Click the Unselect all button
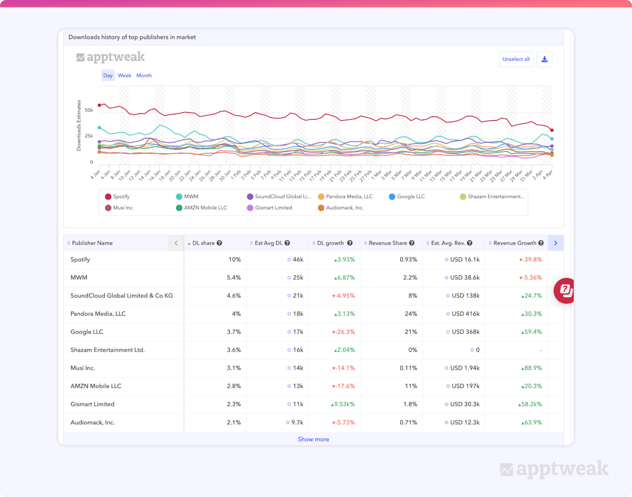pos(516,60)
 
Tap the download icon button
pos(544,60)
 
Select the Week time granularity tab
pos(124,75)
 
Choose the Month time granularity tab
pos(144,75)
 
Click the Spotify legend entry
pos(121,197)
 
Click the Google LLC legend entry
pos(410,197)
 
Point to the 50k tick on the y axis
pos(88,110)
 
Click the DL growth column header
pos(330,243)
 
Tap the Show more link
pos(313,439)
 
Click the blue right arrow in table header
pos(556,243)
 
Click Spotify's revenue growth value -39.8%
pos(530,259)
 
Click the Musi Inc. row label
pos(83,368)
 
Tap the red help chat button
pos(565,290)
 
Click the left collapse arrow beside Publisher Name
pos(176,243)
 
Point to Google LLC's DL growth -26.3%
pos(343,332)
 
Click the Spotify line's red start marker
pos(99,105)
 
